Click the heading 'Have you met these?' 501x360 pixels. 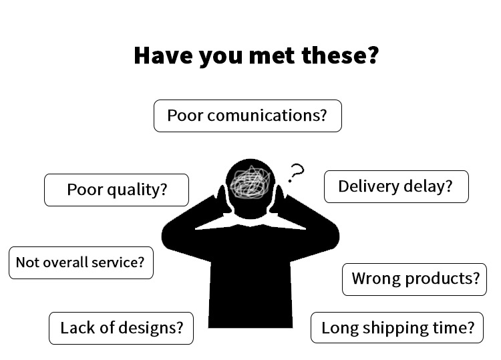[x=256, y=55]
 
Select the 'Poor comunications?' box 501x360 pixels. [x=247, y=116]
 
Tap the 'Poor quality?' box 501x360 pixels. [x=116, y=190]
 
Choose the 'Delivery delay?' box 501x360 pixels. [x=395, y=186]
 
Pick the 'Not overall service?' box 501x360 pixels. [x=80, y=262]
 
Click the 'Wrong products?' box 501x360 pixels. [x=414, y=279]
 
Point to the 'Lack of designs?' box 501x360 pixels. [x=121, y=328]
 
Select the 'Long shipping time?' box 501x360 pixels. [x=397, y=328]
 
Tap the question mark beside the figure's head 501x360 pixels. [x=295, y=173]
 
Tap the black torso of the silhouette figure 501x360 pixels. [x=250, y=281]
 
